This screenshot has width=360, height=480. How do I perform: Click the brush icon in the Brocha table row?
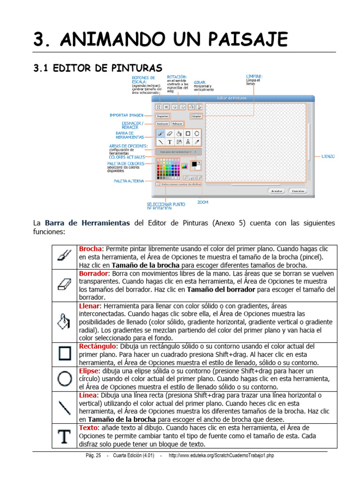[x=64, y=255]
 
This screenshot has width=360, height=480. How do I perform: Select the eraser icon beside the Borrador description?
[x=64, y=285]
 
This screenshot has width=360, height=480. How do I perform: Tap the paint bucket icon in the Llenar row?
[x=64, y=321]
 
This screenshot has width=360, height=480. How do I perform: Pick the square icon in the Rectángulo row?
[x=64, y=353]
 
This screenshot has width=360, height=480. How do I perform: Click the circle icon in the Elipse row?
[x=64, y=378]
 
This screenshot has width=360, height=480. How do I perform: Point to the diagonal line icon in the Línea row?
[x=64, y=406]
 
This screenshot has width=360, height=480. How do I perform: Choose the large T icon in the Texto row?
[x=64, y=435]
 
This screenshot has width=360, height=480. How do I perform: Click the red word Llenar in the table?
[x=90, y=306]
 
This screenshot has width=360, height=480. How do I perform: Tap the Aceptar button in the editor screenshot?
[x=276, y=191]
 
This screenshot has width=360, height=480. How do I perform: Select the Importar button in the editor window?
[x=162, y=115]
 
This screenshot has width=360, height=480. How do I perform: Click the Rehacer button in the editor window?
[x=177, y=124]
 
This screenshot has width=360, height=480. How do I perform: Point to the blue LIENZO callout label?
[x=328, y=156]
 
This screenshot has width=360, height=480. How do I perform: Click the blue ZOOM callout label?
[x=202, y=202]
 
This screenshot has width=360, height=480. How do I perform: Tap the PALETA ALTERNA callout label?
[x=128, y=180]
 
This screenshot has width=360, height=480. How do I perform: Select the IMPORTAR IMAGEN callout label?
[x=126, y=115]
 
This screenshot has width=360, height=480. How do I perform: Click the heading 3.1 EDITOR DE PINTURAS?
[x=97, y=68]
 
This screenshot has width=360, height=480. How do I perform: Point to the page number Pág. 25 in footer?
[x=91, y=456]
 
